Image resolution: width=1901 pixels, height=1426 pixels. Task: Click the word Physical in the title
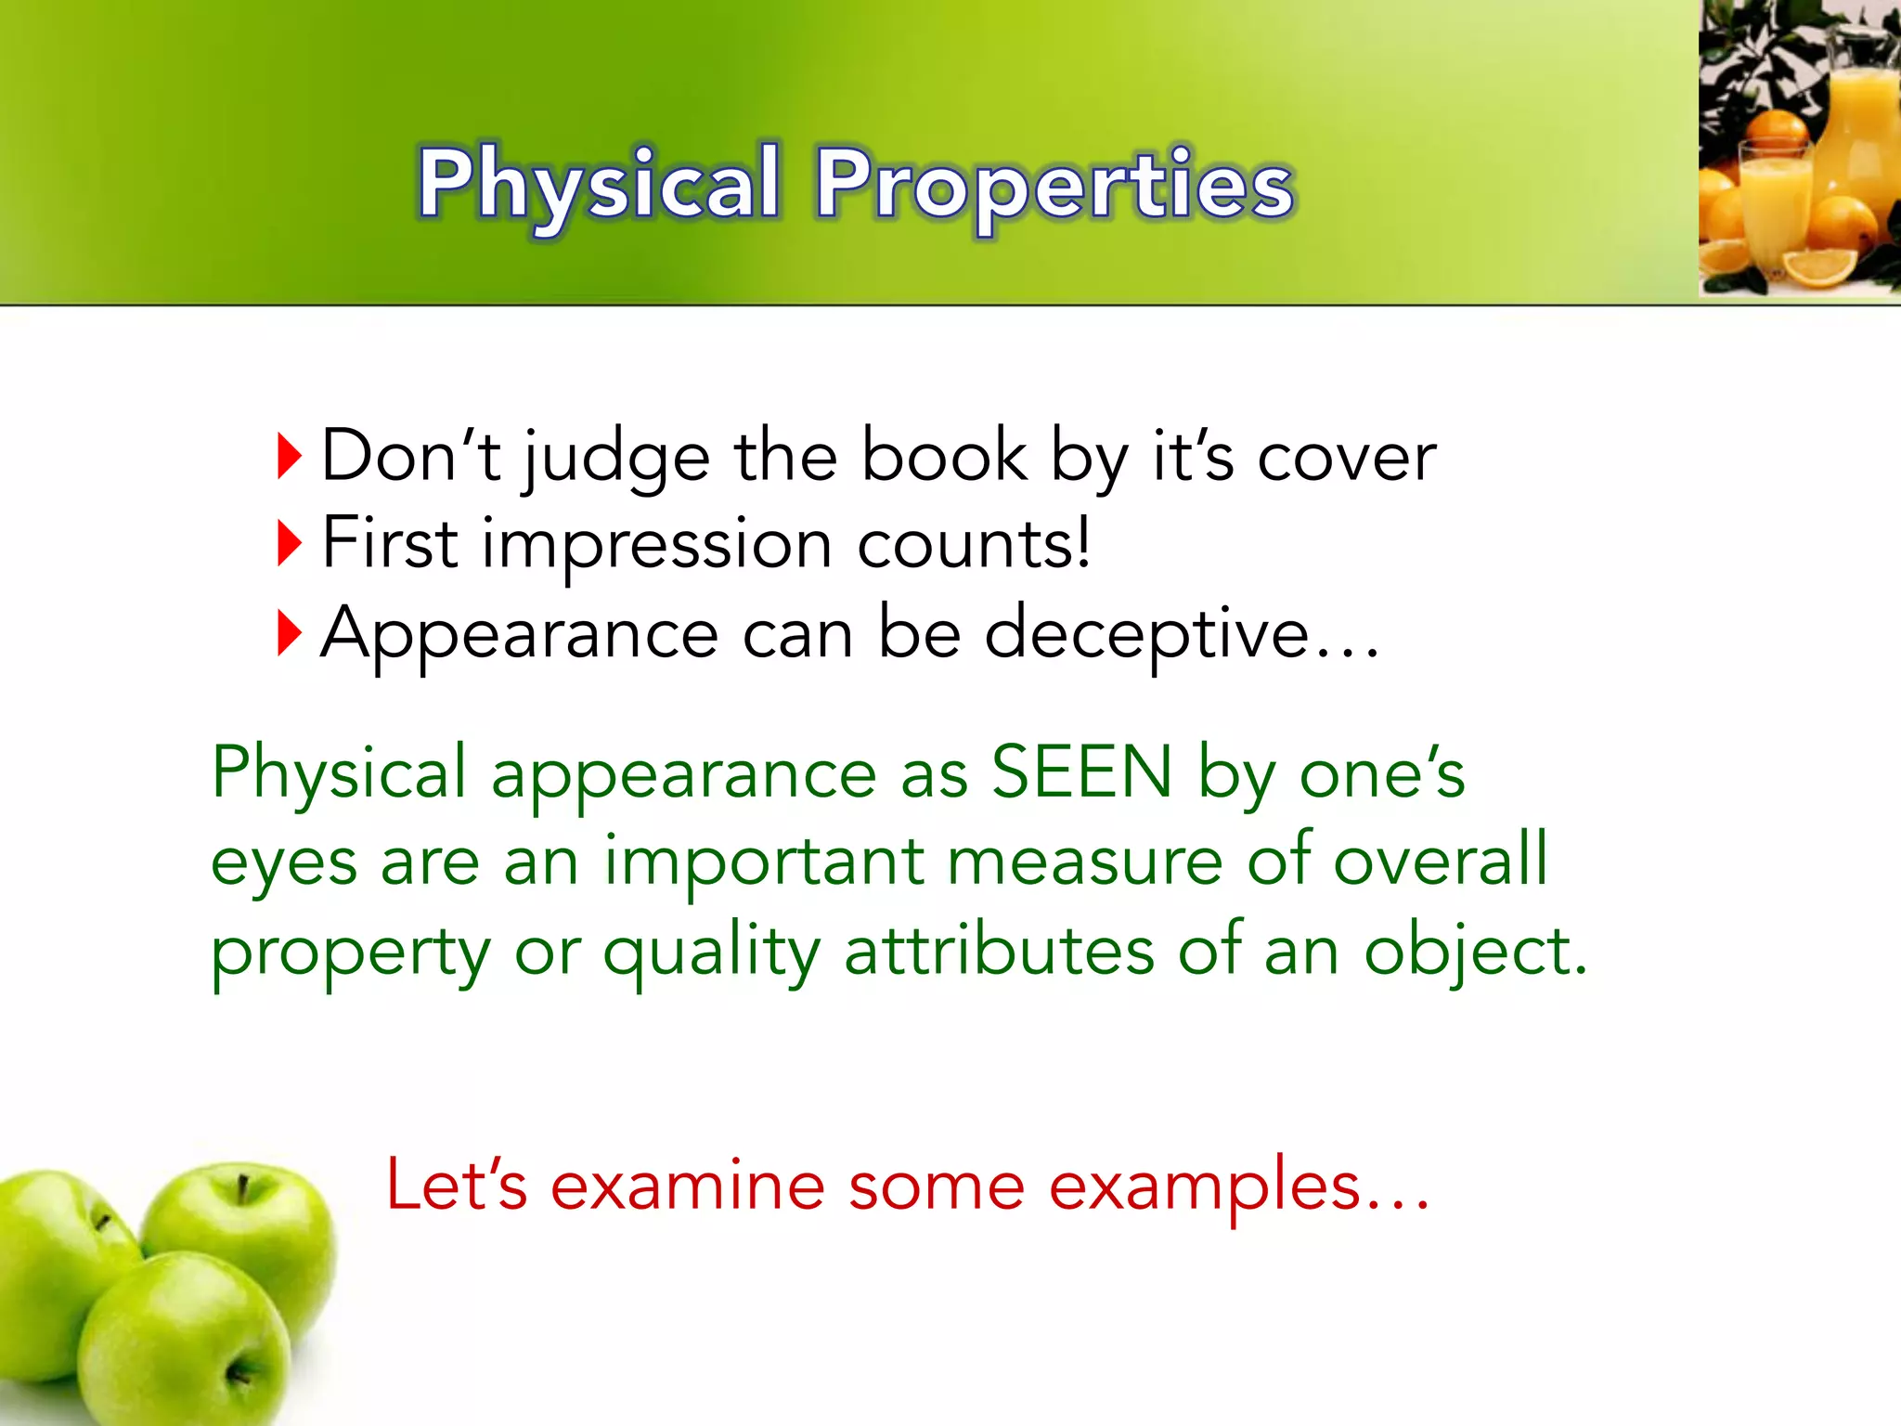pos(599,186)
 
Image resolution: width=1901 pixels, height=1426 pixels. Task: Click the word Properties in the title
pos(1054,186)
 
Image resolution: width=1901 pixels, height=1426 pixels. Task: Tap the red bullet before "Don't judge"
pos(290,456)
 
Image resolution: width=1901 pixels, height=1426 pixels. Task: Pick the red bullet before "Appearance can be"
pos(290,633)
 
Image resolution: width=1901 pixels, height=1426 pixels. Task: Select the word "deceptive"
pos(1146,635)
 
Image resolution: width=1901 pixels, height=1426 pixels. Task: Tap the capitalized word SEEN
pos(1081,772)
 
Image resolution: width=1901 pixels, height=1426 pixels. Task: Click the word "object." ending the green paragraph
pos(1475,953)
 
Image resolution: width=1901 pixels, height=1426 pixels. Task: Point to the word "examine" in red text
pos(687,1186)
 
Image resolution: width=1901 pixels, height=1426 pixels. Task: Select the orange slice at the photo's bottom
pos(1820,268)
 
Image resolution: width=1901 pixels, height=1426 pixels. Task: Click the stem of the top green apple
pos(242,1189)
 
